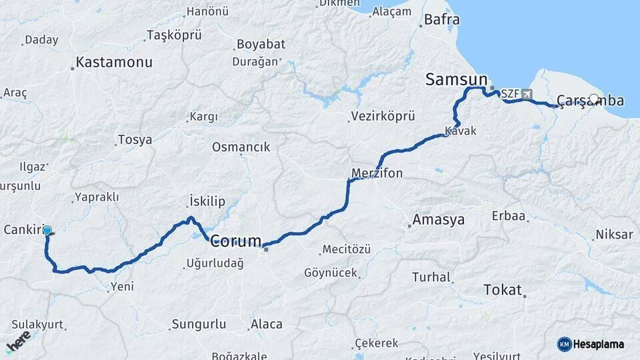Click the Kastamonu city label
tap(114, 62)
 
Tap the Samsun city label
tap(457, 80)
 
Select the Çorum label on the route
tap(236, 241)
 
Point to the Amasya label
tap(439, 220)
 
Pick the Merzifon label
tap(377, 173)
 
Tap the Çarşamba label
tap(590, 101)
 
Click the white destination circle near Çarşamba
tap(594, 99)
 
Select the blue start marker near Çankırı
tap(47, 231)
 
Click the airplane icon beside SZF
tap(527, 94)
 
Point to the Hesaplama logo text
tap(598, 344)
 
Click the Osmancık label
tap(241, 147)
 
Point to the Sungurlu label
tap(200, 325)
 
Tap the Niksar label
tap(614, 235)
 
